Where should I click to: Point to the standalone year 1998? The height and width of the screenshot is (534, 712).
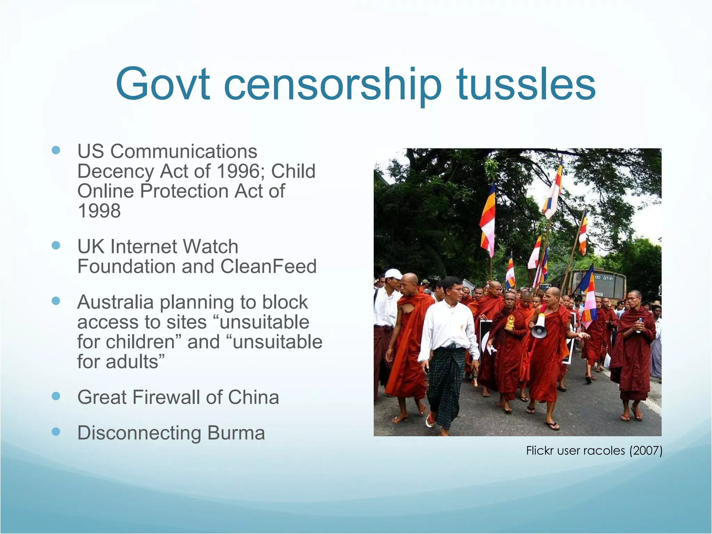click(99, 211)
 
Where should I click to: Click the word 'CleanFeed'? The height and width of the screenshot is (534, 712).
click(268, 266)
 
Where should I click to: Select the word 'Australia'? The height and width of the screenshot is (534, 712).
click(115, 302)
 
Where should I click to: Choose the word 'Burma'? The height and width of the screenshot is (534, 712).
click(236, 433)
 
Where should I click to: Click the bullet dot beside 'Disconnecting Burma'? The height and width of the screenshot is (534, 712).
click(56, 432)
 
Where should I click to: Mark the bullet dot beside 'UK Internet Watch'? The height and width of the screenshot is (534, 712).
click(56, 245)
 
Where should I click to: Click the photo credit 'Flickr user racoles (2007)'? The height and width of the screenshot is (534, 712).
click(594, 451)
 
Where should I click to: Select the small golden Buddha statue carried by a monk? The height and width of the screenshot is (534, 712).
click(510, 323)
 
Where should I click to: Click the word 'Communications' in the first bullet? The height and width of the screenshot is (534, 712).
click(184, 151)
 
